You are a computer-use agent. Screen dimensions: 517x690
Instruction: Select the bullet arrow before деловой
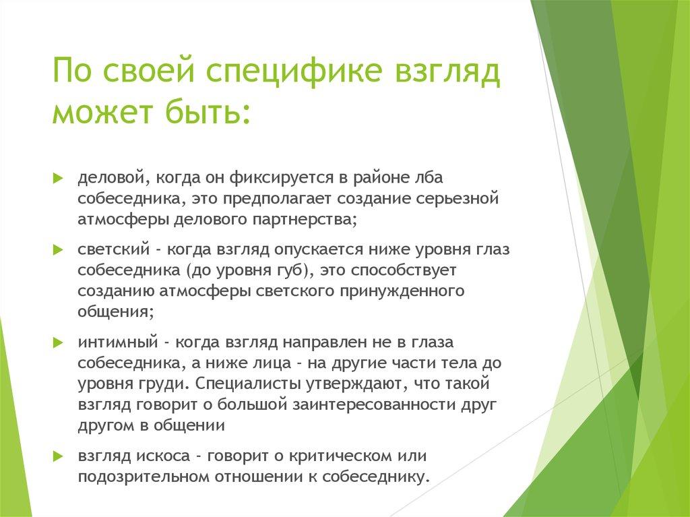[58, 177]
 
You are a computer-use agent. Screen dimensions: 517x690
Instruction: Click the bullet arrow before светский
[58, 249]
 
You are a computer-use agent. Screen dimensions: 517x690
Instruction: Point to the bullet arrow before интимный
[58, 342]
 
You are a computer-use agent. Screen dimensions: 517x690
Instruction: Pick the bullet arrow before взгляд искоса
[58, 455]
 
